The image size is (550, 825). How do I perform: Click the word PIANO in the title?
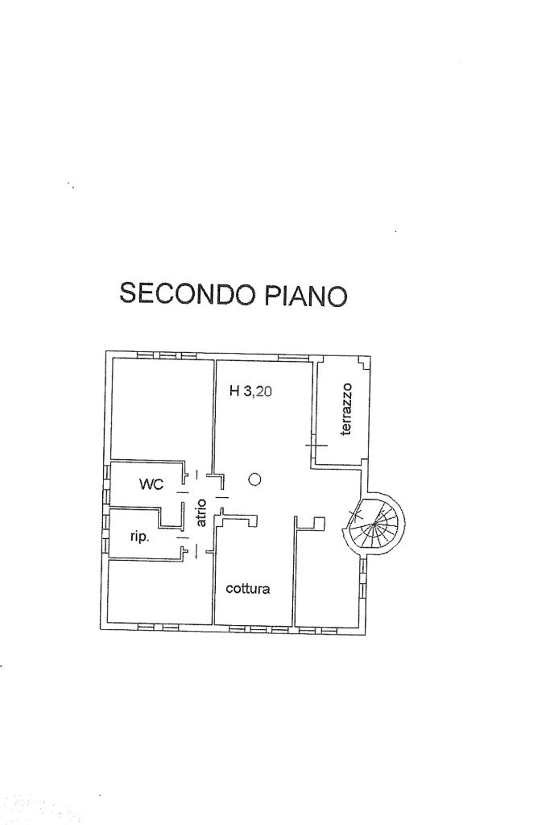(x=305, y=295)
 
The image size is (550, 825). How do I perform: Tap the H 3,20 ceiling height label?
(x=250, y=391)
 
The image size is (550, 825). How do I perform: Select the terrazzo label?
(x=345, y=408)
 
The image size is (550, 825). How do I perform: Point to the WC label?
(x=151, y=484)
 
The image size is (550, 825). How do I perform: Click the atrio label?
(x=201, y=513)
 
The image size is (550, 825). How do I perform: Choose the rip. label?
(x=140, y=537)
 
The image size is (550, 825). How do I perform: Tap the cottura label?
(x=248, y=588)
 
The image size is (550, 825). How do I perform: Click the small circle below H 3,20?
(x=254, y=479)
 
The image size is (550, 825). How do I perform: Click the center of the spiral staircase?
(x=374, y=524)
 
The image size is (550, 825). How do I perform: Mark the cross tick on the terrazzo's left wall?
(x=316, y=445)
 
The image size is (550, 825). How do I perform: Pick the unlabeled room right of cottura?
(x=326, y=578)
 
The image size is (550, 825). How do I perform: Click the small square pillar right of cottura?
(x=319, y=523)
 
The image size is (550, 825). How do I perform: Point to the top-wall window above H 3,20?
(x=293, y=358)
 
